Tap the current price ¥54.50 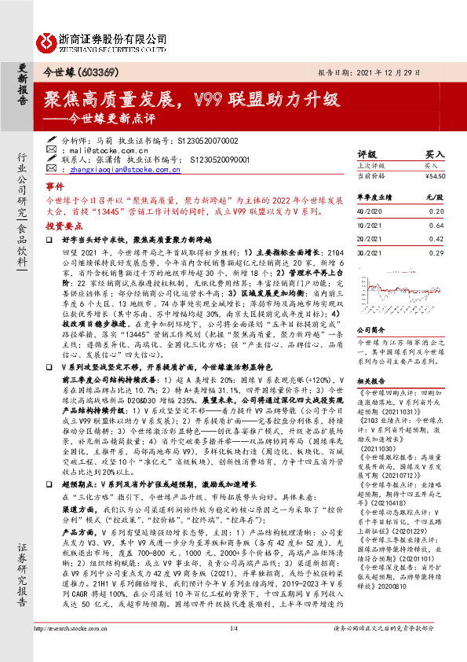pos(436,176)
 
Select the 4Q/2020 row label pos(369,211)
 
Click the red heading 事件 pos(54,188)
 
